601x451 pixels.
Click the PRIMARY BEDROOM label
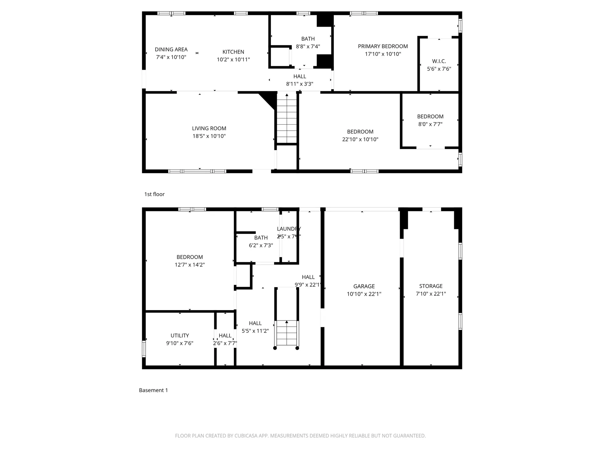383,46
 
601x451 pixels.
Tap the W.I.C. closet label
439,61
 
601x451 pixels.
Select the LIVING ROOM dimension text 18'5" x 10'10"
209,136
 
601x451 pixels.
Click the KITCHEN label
233,52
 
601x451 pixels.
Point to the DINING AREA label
171,49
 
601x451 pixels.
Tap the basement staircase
286,333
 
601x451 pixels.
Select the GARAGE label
364,286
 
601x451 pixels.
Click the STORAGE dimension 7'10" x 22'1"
431,294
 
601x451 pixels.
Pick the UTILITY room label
180,335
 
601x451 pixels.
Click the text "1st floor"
154,194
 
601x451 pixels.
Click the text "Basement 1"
153,390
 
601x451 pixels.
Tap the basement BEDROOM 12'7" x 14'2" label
189,257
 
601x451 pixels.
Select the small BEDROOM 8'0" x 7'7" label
430,117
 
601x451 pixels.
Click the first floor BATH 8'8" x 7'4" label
308,39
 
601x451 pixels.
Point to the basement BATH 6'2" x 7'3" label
261,238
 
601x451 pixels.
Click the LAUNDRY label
289,229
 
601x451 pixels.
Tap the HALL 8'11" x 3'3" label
300,76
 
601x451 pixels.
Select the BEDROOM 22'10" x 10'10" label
360,132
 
